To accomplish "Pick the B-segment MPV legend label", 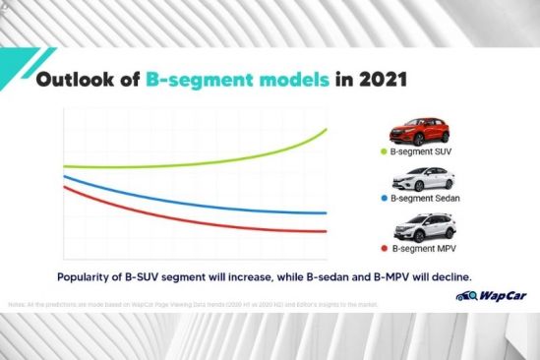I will tap(427, 250).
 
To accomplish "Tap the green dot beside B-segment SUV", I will tap(384, 151).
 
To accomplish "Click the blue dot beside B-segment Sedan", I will tap(384, 200).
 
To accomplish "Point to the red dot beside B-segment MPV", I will tap(384, 250).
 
